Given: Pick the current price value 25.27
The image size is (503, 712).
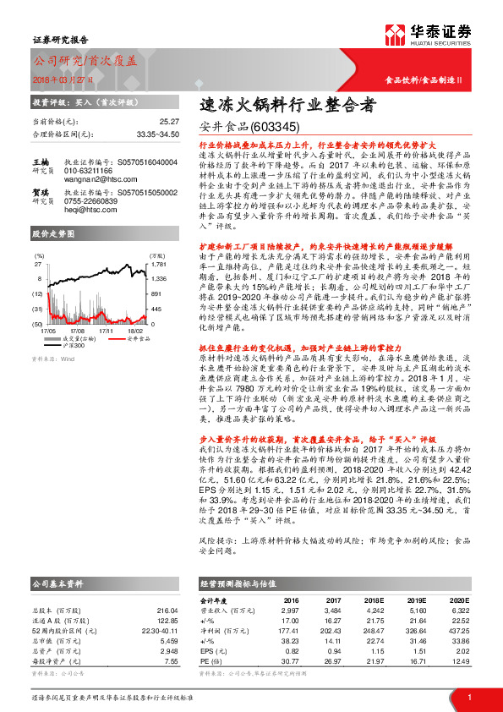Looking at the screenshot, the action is [168, 122].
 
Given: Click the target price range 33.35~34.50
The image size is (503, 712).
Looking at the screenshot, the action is [157, 133].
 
